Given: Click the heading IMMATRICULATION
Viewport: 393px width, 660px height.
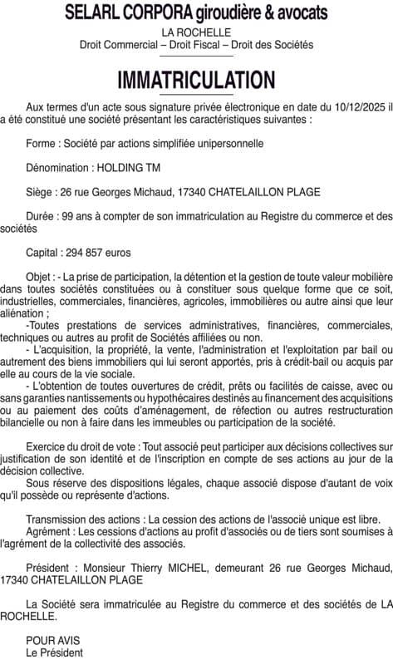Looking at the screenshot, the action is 196,80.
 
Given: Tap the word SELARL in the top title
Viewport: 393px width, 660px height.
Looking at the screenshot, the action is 92,12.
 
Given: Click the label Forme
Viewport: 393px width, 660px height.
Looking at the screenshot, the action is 42,143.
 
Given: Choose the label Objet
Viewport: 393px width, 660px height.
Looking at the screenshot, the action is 40,276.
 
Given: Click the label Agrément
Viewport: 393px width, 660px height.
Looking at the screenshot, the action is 48,532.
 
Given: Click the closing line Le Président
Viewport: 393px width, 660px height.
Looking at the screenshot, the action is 55,653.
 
